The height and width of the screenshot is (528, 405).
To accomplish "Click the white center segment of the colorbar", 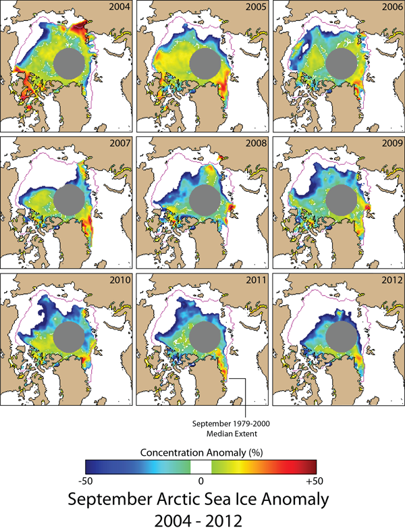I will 200,466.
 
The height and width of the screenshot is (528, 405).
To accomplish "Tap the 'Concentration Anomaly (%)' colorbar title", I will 200,451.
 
